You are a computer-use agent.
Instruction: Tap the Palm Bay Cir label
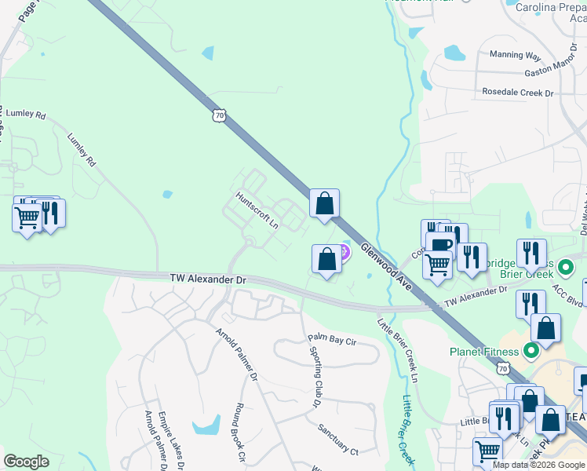pos(332,340)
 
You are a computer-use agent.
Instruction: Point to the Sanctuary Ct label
pos(337,439)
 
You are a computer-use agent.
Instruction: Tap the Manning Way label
pos(516,55)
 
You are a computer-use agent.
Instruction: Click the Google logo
pos(26,461)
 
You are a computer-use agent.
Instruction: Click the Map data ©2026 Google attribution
pos(538,465)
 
